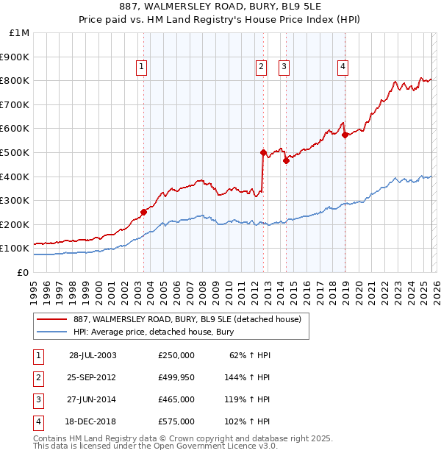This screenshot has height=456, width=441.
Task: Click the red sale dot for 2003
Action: click(x=144, y=212)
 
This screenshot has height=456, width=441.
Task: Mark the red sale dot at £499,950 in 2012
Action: click(x=263, y=152)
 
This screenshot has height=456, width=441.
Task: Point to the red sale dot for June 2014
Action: click(x=286, y=161)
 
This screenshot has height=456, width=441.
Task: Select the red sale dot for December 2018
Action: click(x=345, y=135)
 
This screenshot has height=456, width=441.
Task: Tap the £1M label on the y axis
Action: click(x=20, y=33)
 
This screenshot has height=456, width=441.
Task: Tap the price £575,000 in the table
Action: click(x=176, y=421)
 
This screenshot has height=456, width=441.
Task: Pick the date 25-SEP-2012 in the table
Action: click(x=93, y=377)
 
